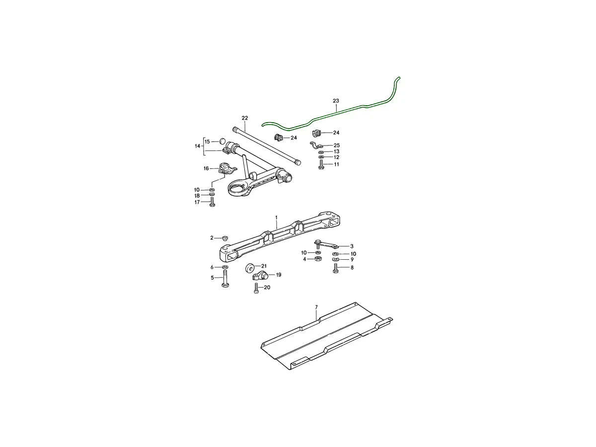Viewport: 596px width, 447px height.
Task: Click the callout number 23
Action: coord(336,101)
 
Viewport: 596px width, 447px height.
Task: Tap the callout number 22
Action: coord(244,118)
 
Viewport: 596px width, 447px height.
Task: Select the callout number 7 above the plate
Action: coord(316,308)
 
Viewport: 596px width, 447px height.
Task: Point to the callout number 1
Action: coord(277,218)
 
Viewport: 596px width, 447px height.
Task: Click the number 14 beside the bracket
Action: coord(197,147)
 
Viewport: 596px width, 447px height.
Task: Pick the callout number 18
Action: coord(197,196)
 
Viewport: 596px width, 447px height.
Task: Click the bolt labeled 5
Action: coord(225,279)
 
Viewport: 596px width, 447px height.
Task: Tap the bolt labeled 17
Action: coord(213,202)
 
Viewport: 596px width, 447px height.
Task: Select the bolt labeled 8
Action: coord(336,268)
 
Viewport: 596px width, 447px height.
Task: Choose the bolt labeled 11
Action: coord(321,164)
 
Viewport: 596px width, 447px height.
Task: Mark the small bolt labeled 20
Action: coord(256,288)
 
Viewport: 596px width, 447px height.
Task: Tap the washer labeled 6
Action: coord(225,267)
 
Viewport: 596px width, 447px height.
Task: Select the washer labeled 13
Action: coord(321,151)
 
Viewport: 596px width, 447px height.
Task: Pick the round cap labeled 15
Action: coord(222,142)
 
